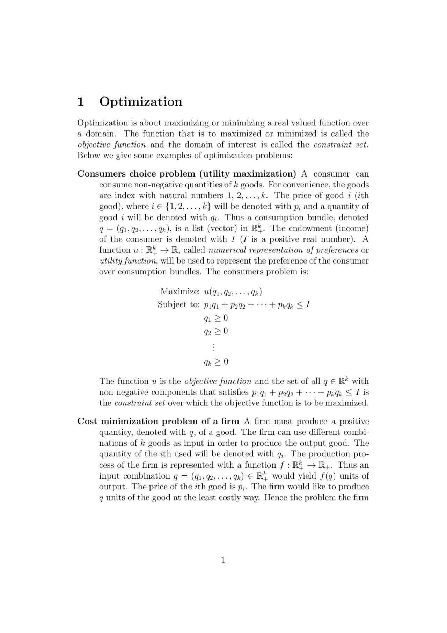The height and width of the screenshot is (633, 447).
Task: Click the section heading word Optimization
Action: pyautogui.click(x=141, y=102)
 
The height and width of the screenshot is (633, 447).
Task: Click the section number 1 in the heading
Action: pyautogui.click(x=81, y=102)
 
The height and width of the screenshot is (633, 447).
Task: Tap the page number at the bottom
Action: pyautogui.click(x=223, y=560)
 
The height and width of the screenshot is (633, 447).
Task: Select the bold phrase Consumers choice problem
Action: pyautogui.click(x=136, y=174)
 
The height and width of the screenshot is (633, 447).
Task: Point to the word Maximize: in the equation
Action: pyautogui.click(x=180, y=291)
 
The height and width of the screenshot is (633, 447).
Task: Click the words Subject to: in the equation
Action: pyautogui.click(x=178, y=304)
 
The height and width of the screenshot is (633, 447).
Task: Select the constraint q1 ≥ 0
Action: pyautogui.click(x=216, y=318)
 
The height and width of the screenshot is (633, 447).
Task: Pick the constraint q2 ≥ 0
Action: pyautogui.click(x=216, y=331)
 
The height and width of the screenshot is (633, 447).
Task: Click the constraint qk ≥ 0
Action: pyautogui.click(x=216, y=361)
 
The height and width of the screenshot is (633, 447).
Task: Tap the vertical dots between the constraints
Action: pyautogui.click(x=213, y=347)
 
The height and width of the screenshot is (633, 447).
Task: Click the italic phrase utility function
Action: pyautogui.click(x=128, y=261)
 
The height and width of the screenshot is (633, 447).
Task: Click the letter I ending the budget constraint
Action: pyautogui.click(x=307, y=304)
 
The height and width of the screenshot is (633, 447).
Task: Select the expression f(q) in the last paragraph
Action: pyautogui.click(x=328, y=476)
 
